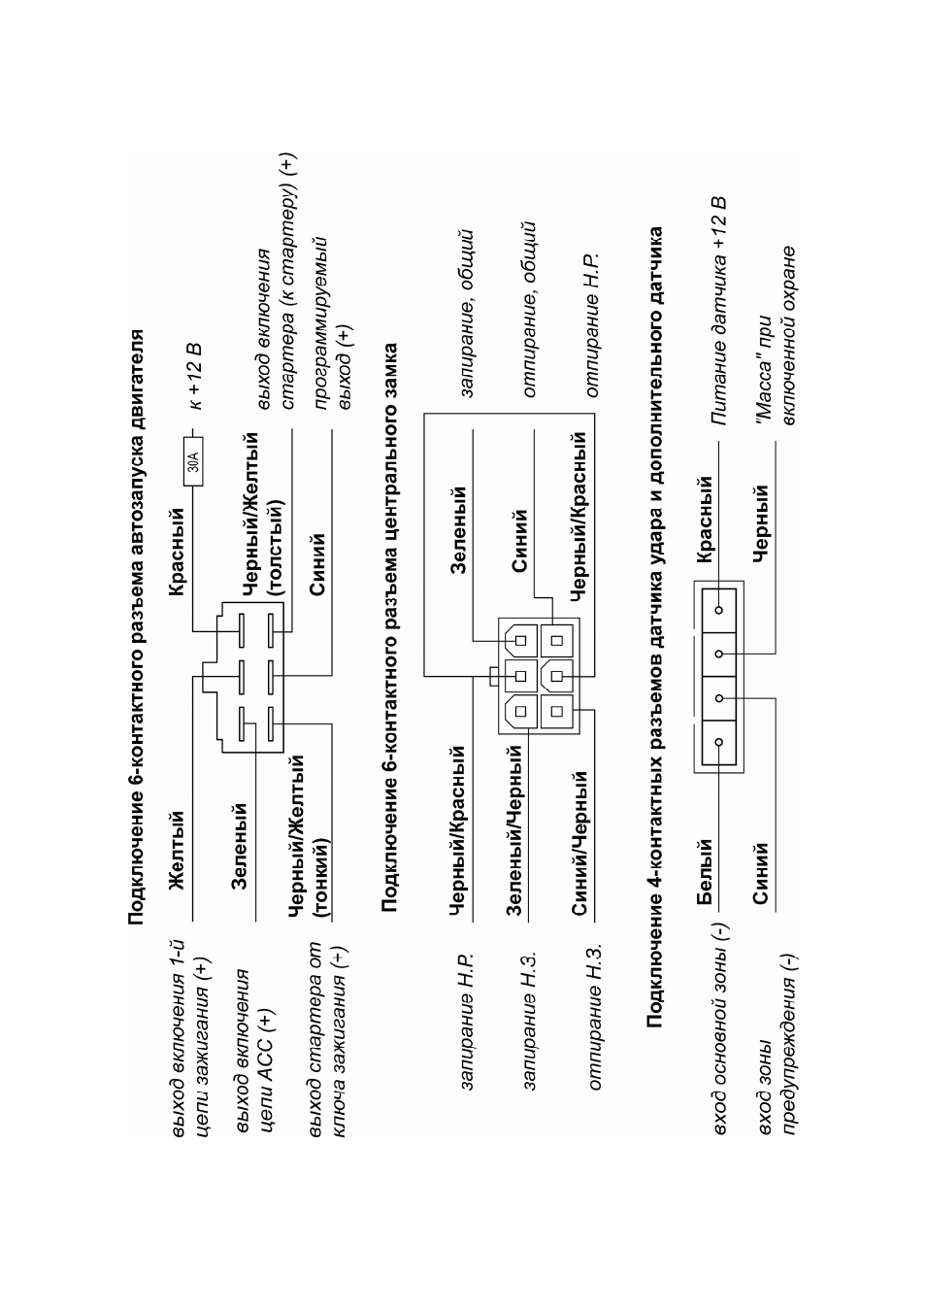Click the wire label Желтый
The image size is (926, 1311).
pyautogui.click(x=177, y=849)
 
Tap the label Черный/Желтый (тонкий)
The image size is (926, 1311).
pyautogui.click(x=309, y=834)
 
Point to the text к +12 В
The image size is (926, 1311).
pyautogui.click(x=195, y=375)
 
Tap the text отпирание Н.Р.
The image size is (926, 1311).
pyautogui.click(x=592, y=325)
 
